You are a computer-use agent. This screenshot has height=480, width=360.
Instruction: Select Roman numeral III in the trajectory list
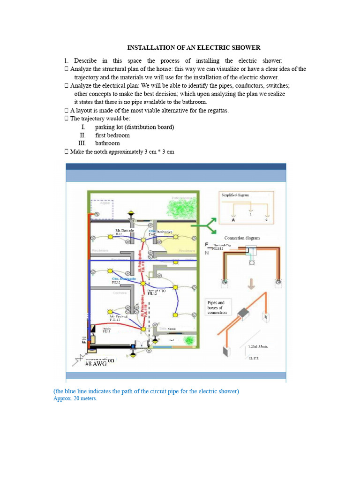[x=82, y=143]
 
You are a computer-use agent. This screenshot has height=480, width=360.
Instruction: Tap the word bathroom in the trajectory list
[x=107, y=143]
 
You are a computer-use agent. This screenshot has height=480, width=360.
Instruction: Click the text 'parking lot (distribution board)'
[x=135, y=127]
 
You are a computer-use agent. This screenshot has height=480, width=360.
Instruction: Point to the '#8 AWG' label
[x=96, y=363]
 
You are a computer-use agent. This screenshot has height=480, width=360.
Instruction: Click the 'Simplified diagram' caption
[x=235, y=195]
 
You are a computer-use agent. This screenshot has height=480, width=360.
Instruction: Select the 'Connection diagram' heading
[x=242, y=238]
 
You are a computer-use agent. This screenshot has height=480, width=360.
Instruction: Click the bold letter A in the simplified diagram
[x=233, y=219]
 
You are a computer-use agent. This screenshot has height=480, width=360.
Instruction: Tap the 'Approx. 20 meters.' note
[x=75, y=399]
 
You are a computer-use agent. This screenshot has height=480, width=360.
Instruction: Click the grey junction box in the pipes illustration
[x=244, y=313]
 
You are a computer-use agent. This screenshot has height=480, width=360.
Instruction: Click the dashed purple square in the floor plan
[x=102, y=209]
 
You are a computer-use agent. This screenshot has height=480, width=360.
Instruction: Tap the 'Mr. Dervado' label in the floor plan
[x=125, y=231]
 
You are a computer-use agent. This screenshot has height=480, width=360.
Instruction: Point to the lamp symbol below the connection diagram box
[x=252, y=263]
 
